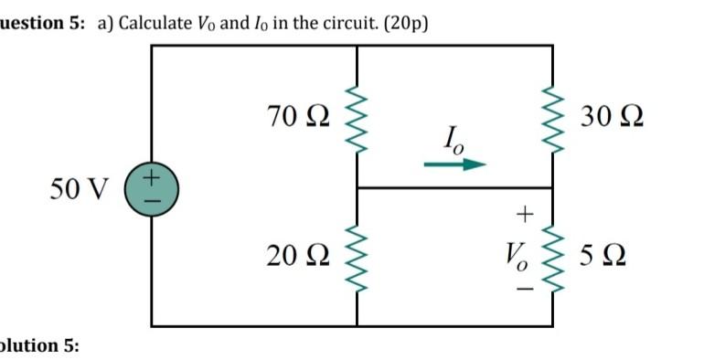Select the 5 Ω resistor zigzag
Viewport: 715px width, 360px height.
point(551,257)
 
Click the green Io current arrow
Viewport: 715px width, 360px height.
point(454,165)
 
